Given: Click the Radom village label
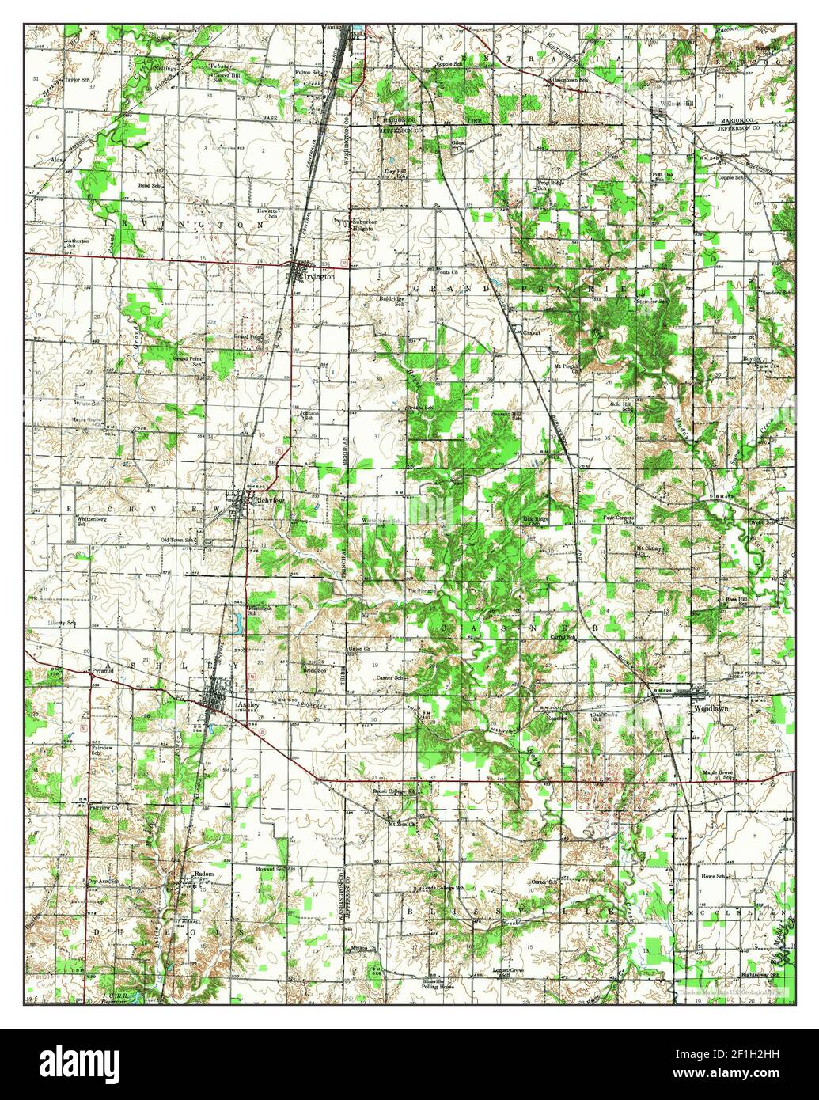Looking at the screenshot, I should [204, 874].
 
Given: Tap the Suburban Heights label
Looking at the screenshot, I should [370, 226].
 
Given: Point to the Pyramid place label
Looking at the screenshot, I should [103, 670].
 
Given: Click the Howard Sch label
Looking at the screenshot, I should [269, 869].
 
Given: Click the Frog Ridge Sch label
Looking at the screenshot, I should [552, 185].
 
